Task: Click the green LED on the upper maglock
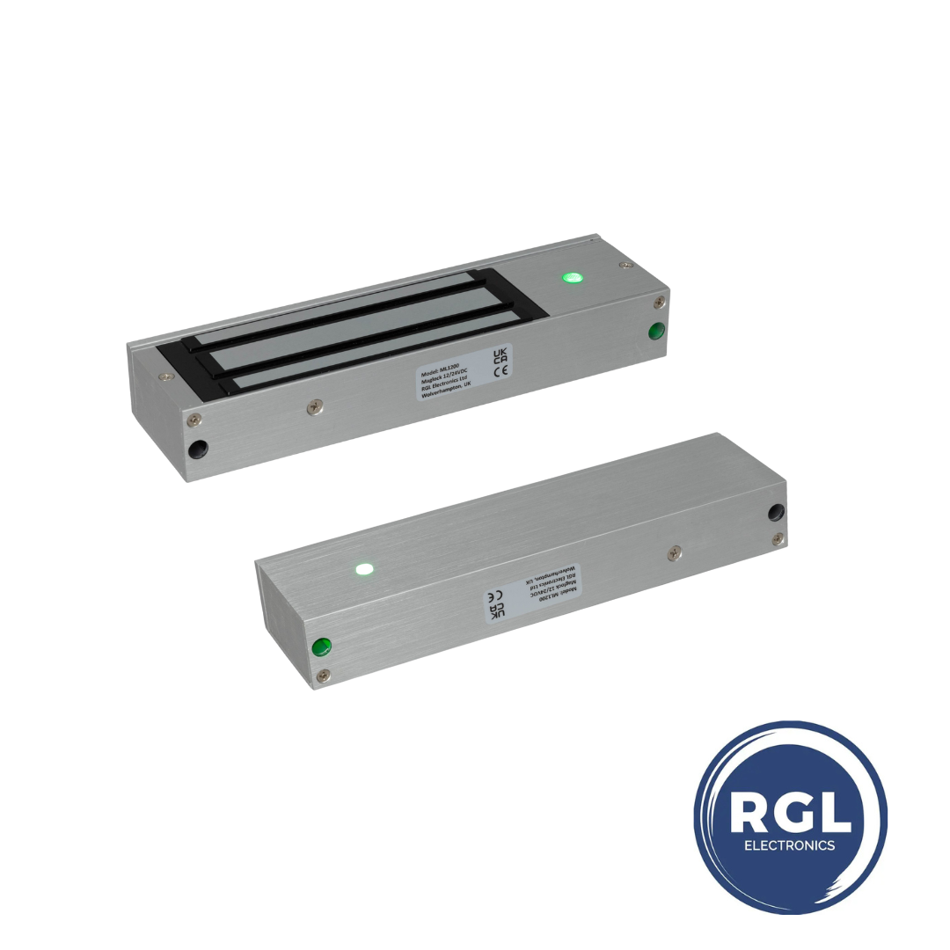[x=574, y=279]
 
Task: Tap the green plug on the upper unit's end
[x=655, y=332]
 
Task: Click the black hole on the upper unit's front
[x=199, y=449]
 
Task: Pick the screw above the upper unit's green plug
[x=658, y=303]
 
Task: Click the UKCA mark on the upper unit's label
[x=500, y=354]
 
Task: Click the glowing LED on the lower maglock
[x=363, y=568]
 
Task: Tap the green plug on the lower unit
[x=322, y=647]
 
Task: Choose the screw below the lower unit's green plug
[x=324, y=675]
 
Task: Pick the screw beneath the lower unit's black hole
[x=777, y=538]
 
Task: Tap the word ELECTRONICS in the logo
[x=789, y=845]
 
